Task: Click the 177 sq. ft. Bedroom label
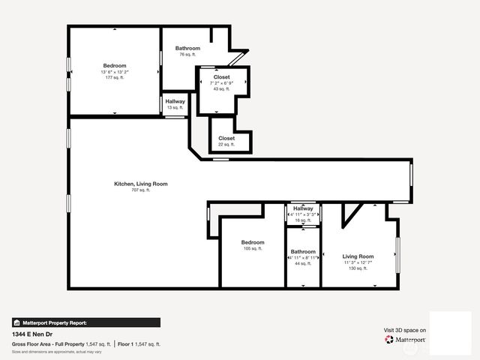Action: tap(115, 66)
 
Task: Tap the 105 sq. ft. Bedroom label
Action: tap(253, 242)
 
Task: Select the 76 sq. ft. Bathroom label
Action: tap(187, 49)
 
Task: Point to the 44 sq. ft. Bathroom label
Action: tap(303, 252)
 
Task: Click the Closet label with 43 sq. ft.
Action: tap(222, 76)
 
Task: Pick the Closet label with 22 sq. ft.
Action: tap(226, 139)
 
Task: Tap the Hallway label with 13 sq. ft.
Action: tap(175, 101)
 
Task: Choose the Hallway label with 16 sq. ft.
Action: tap(303, 208)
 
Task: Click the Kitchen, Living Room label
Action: tap(141, 184)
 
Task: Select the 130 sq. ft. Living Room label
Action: tap(358, 256)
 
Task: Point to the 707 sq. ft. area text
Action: tap(141, 190)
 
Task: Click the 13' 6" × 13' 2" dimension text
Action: tap(115, 72)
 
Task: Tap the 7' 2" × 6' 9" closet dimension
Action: tap(222, 83)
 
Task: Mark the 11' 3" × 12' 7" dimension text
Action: tap(358, 262)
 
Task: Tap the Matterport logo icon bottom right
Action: tap(388, 340)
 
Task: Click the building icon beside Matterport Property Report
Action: tap(16, 322)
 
